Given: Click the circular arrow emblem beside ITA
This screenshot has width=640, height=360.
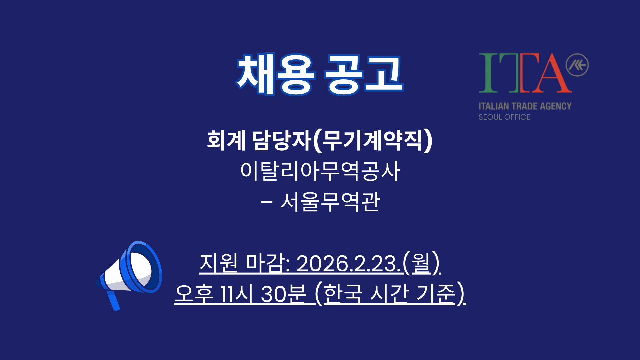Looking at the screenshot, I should (x=577, y=65).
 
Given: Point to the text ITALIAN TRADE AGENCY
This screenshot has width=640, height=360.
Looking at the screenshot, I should (x=525, y=106).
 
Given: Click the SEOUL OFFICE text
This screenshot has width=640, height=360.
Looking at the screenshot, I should (x=504, y=117).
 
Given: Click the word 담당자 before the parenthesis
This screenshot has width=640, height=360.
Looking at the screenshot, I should (x=282, y=140).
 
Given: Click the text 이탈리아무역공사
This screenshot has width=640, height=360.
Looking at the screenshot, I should (x=320, y=171).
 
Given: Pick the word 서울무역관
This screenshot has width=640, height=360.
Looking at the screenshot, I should (x=330, y=202).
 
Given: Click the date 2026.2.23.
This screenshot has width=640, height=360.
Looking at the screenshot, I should (x=349, y=264).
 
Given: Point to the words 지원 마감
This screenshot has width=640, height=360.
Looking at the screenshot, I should (x=244, y=264).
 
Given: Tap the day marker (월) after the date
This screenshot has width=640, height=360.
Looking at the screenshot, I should (x=422, y=264).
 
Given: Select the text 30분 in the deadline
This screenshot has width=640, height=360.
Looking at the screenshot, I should (x=283, y=294).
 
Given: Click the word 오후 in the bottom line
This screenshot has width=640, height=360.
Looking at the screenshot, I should (x=194, y=294).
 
